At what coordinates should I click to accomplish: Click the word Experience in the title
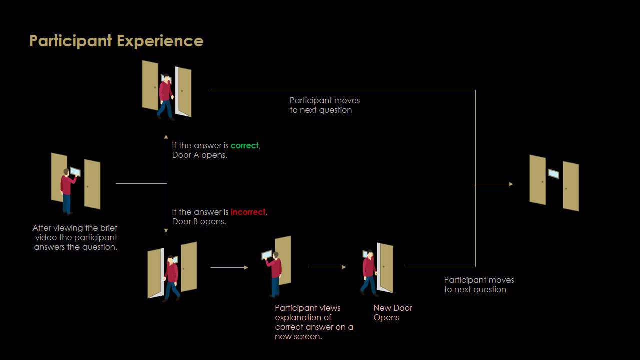click(160, 41)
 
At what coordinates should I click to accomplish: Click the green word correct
click(245, 146)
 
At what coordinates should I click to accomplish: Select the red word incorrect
click(248, 212)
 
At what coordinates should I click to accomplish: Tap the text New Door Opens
click(393, 313)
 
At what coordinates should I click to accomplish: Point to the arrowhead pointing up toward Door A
click(166, 135)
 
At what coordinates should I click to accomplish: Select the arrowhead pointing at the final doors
click(511, 184)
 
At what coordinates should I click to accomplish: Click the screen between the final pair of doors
click(554, 174)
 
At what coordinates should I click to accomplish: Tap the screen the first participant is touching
click(75, 172)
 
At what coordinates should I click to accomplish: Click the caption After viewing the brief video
click(75, 238)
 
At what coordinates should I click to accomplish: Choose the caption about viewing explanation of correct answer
click(314, 322)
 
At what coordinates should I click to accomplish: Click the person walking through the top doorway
click(165, 97)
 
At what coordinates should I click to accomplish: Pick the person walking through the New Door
click(369, 272)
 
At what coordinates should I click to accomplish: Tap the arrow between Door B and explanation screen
click(229, 268)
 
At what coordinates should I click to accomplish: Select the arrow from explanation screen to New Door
click(328, 267)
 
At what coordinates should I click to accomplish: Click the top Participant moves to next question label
click(324, 105)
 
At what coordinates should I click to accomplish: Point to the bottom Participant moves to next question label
click(479, 285)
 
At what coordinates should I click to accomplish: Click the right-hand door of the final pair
click(571, 186)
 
